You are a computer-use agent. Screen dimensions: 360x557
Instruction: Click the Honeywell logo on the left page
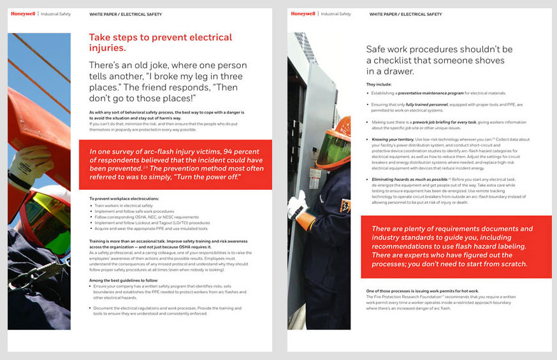23,13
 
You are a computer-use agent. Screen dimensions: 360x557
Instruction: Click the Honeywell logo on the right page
303,13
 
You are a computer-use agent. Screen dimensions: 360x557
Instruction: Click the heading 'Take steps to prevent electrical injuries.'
160,42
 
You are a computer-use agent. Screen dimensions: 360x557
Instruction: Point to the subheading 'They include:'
379,84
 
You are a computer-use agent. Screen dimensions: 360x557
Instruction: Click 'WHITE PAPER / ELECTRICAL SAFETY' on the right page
405,14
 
